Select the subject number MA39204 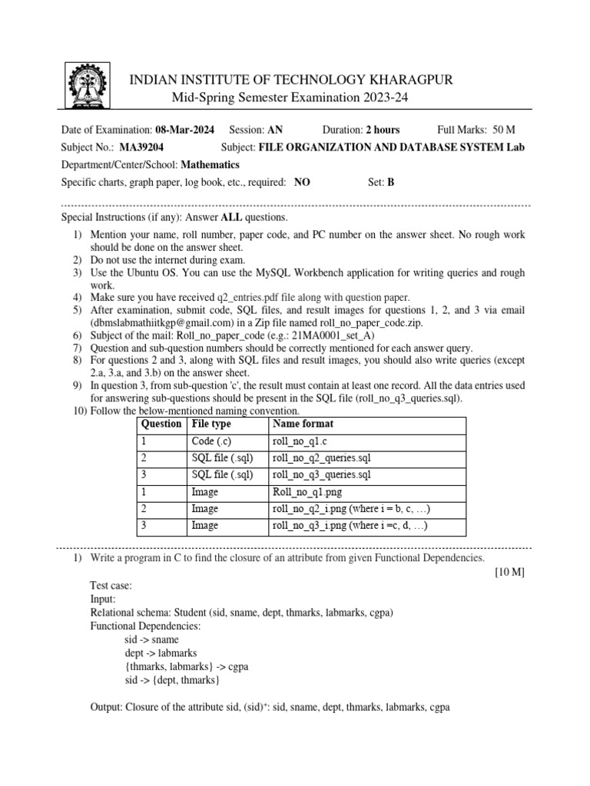click(141, 147)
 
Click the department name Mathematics click(210, 164)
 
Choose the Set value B click(390, 182)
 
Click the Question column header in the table click(161, 424)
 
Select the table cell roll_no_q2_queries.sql click(321, 458)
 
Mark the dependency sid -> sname click(151, 639)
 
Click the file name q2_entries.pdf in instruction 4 click(226, 297)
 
